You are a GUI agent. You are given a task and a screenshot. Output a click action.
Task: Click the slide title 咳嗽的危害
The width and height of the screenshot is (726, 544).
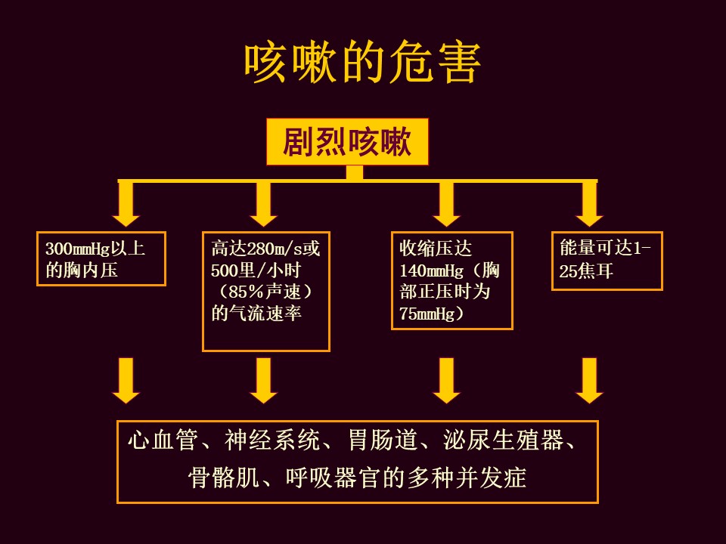coord(362,63)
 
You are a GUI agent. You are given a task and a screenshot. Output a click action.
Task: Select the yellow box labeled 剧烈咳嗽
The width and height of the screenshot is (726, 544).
coord(347,141)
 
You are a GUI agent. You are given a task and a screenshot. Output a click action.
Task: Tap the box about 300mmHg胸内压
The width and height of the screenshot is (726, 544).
coord(101,259)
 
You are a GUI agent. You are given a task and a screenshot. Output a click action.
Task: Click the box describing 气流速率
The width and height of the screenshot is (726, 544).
coord(266,291)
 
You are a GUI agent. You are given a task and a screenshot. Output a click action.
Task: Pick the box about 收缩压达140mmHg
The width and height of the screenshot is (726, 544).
coord(451,280)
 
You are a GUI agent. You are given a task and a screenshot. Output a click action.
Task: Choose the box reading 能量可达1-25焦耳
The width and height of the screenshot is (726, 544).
coord(607,261)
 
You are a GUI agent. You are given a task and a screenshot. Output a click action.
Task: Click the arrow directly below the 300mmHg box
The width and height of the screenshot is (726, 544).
coord(126,380)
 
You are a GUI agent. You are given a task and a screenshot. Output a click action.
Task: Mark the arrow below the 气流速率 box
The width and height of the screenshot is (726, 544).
coord(263,380)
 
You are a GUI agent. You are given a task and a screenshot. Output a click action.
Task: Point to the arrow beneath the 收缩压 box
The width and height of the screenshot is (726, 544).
coord(447,380)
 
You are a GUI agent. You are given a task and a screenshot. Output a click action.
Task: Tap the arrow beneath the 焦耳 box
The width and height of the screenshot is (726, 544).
coord(589,380)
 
